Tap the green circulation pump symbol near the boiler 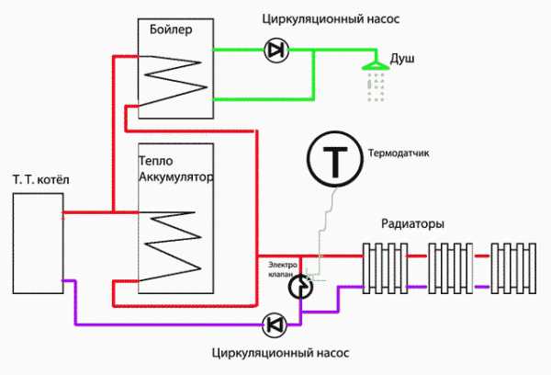pyautogui.click(x=274, y=51)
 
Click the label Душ pyautogui.click(x=403, y=59)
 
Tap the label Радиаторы pyautogui.click(x=413, y=223)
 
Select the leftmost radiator pyautogui.click(x=383, y=267)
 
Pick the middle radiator pyautogui.click(x=449, y=267)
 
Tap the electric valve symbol pyautogui.click(x=299, y=288)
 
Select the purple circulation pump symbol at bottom pyautogui.click(x=274, y=324)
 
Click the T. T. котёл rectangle pyautogui.click(x=38, y=244)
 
